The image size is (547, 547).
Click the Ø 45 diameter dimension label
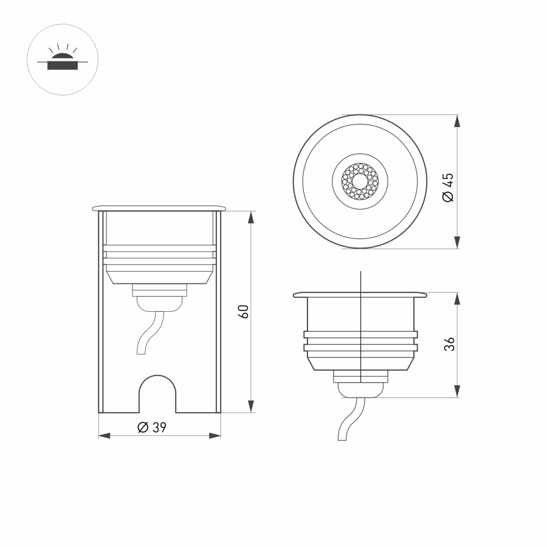[x=448, y=187]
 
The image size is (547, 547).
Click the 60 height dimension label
[x=244, y=312]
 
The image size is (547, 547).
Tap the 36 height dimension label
[x=449, y=345]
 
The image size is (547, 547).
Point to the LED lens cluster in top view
[x=361, y=181]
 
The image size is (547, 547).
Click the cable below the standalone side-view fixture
[x=349, y=419]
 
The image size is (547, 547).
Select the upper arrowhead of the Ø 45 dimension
[x=457, y=121]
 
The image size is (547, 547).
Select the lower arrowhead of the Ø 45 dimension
[x=457, y=243]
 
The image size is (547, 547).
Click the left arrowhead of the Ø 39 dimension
[x=104, y=436]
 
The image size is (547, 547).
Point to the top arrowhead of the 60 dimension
[x=250, y=218]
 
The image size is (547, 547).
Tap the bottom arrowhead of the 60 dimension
[x=250, y=406]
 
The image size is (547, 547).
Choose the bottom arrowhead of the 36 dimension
[x=457, y=391]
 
